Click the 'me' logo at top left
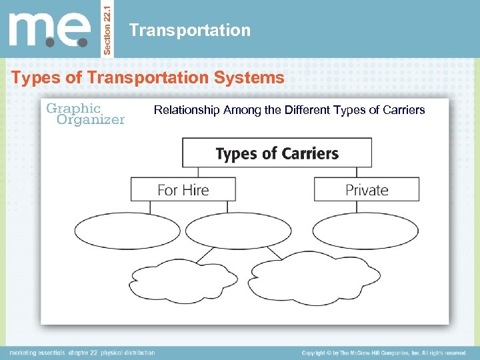pos(49,29)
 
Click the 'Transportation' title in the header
pos(190,30)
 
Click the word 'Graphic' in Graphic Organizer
pos(73,108)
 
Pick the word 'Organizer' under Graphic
pos(91,120)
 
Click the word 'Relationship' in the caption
pos(187,110)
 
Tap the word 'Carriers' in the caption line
pos(403,110)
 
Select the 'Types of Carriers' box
pos(277,153)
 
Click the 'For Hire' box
pos(183,190)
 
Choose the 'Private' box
pos(367,190)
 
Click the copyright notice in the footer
pos(383,353)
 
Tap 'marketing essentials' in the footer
pos(37,353)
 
